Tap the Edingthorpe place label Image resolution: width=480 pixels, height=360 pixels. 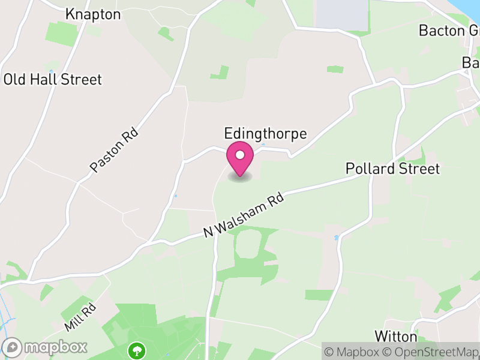pyautogui.click(x=265, y=133)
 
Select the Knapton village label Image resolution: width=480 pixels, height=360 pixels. pyautogui.click(x=93, y=14)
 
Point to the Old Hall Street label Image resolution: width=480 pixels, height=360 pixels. pyautogui.click(x=53, y=79)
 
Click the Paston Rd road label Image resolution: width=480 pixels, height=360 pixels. pyautogui.click(x=114, y=151)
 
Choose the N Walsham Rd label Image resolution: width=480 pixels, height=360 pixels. pyautogui.click(x=243, y=215)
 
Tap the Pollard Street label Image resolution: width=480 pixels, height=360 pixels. pyautogui.click(x=392, y=169)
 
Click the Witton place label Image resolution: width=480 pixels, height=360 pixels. pyautogui.click(x=395, y=335)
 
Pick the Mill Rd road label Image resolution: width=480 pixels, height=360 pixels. pyautogui.click(x=80, y=317)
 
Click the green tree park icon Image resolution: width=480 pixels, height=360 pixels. pyautogui.click(x=137, y=349)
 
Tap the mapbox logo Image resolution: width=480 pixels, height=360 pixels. pyautogui.click(x=46, y=347)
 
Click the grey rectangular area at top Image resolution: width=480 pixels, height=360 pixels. pyautogui.click(x=341, y=13)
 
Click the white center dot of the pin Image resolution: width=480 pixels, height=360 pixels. pyautogui.click(x=240, y=155)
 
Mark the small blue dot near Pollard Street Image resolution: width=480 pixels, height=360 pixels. pyautogui.click(x=337, y=238)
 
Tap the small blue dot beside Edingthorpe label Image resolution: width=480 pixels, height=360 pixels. pyautogui.click(x=263, y=145)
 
